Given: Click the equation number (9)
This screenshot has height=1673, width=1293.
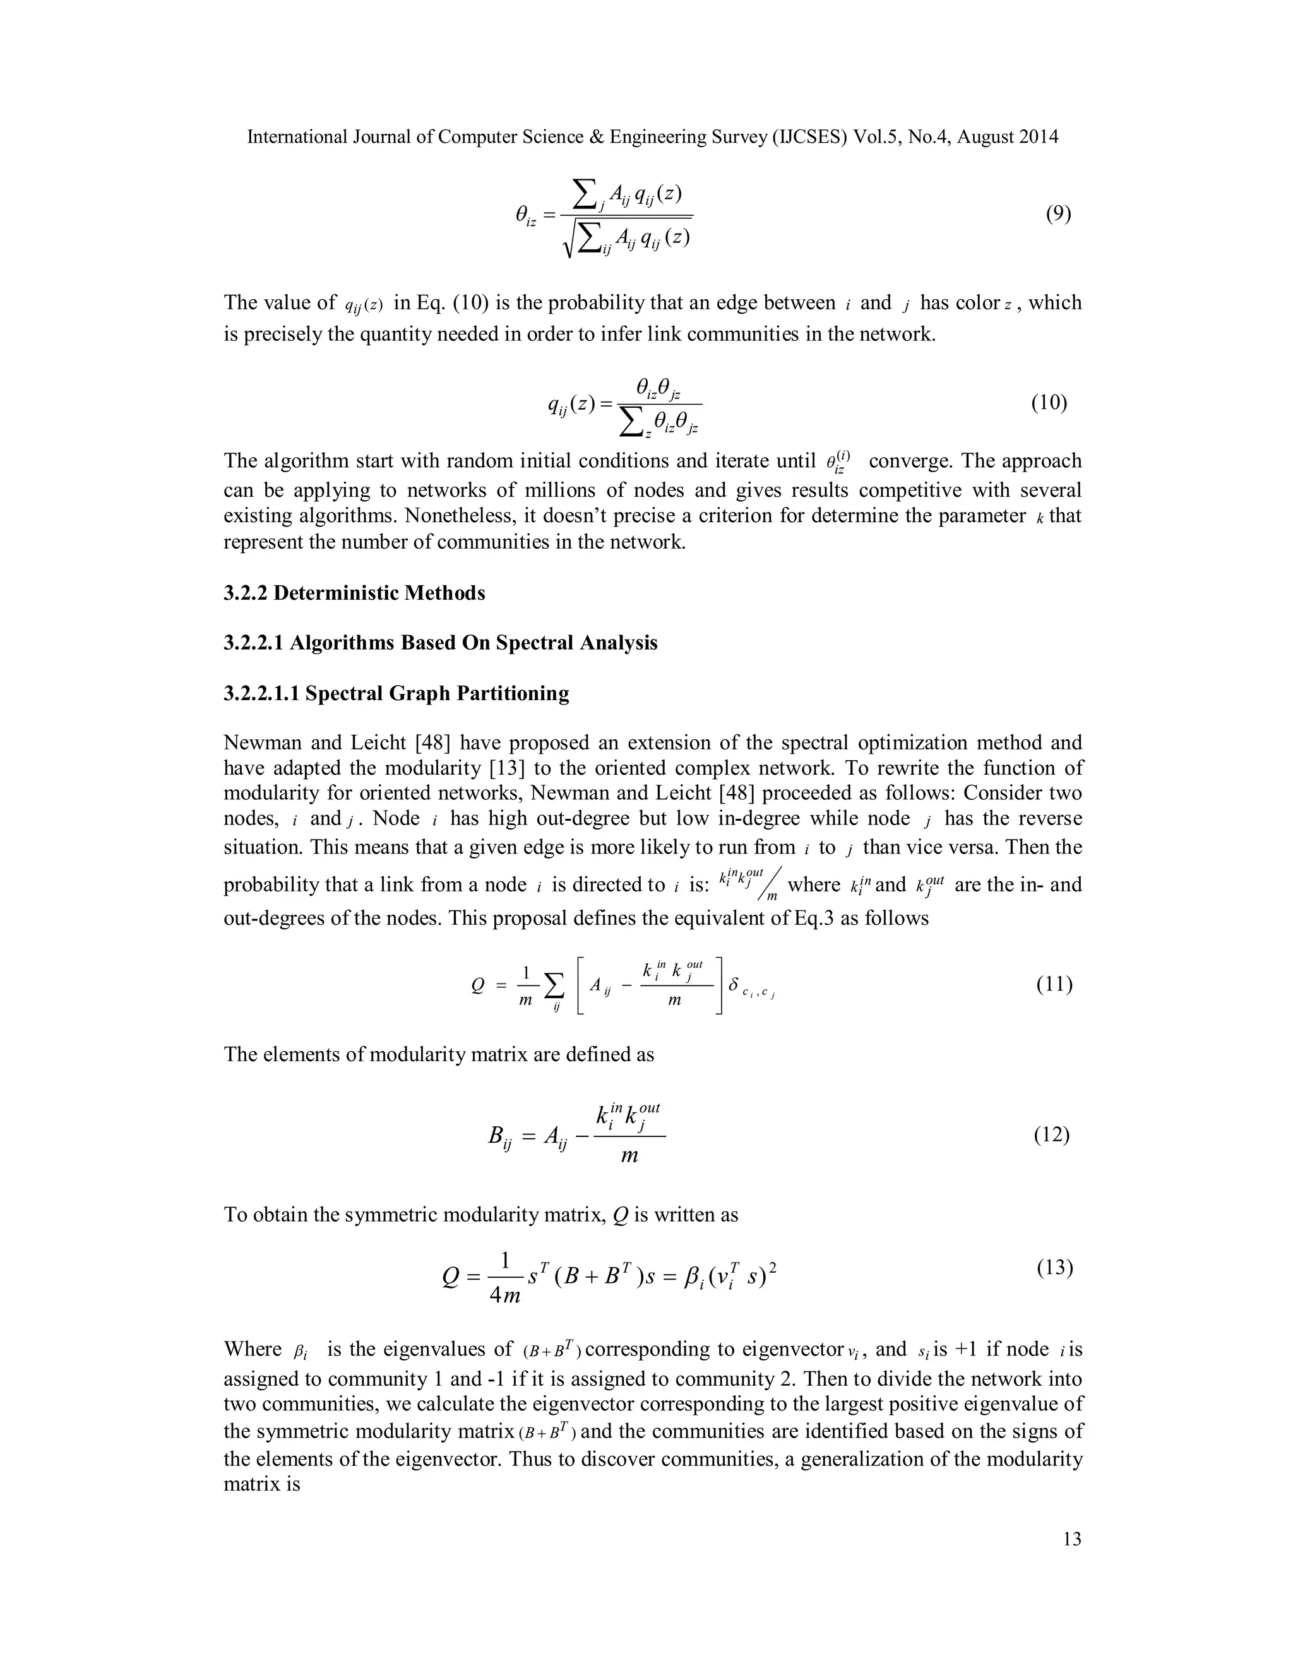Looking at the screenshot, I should coord(1058,214).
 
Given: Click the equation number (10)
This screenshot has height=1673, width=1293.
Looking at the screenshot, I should coord(1049,402).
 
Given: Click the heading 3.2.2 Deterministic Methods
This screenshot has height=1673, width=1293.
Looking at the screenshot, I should coord(354,593).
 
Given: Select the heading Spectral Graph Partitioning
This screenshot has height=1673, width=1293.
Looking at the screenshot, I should coord(437,693).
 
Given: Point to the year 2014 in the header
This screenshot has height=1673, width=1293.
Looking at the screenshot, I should coord(1039,137).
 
